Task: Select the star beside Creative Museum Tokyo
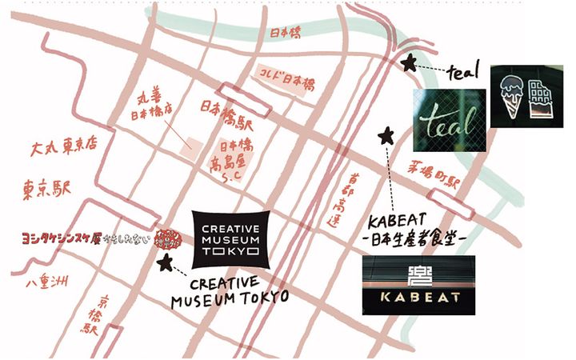pyautogui.click(x=166, y=262)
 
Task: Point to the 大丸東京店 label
pyautogui.click(x=63, y=149)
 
